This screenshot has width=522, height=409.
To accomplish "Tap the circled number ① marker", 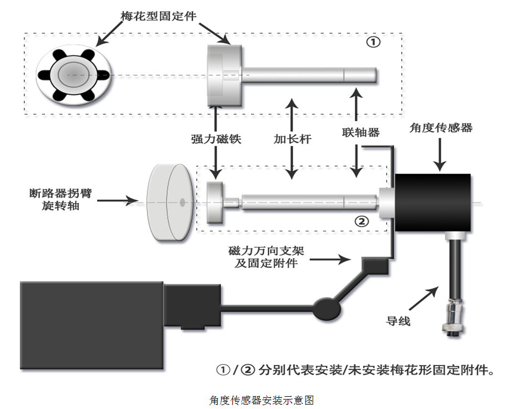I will pos(374,42).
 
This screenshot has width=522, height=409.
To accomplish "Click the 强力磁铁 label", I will pos(216,140).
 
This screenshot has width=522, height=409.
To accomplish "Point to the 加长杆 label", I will pos(292,139).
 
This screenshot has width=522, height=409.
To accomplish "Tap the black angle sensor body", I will pos(433,203).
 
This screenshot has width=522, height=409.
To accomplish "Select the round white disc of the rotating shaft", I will pos(167,203).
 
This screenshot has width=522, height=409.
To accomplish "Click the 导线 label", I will pos(398,320).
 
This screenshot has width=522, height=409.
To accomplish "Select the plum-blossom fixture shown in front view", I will pos(74,75).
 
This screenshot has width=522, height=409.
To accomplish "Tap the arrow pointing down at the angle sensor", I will pos(440,154).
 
